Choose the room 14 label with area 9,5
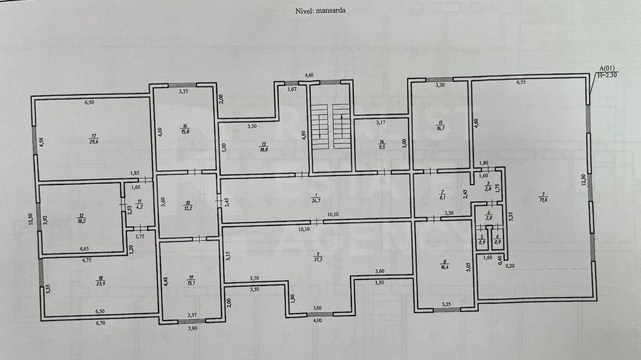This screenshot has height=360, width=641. pos(382,144)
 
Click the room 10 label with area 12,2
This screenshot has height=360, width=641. pos(188,204)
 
